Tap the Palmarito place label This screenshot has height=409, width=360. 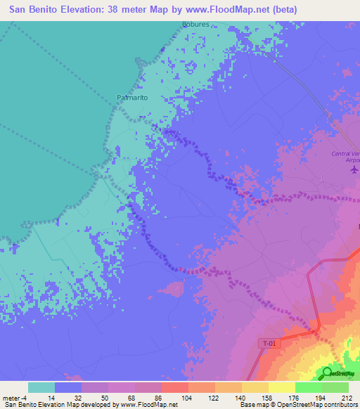(x=131, y=98)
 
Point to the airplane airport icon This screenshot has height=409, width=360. (x=354, y=169)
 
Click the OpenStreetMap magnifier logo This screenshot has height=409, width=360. (x=327, y=373)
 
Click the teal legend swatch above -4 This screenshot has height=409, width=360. (x=41, y=387)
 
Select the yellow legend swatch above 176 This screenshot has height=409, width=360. (x=281, y=387)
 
